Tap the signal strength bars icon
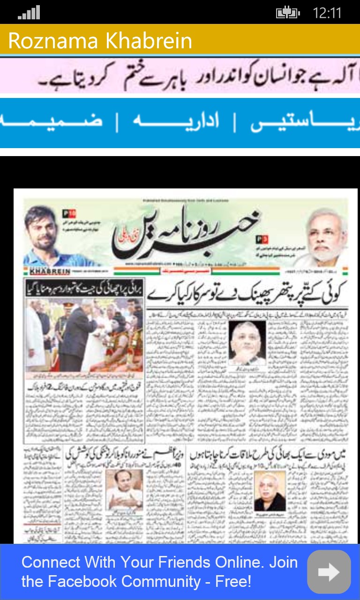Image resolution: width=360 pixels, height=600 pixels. click(x=29, y=13)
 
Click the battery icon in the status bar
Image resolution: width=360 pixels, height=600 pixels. click(x=287, y=13)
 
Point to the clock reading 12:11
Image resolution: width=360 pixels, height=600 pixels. click(x=327, y=13)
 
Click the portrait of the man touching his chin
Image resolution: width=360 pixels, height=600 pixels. click(x=247, y=344)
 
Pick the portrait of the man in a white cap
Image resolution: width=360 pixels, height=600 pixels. click(x=124, y=490)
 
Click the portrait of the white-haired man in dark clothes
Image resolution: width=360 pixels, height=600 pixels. click(x=270, y=491)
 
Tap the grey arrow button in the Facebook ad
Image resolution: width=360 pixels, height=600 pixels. click(x=329, y=571)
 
